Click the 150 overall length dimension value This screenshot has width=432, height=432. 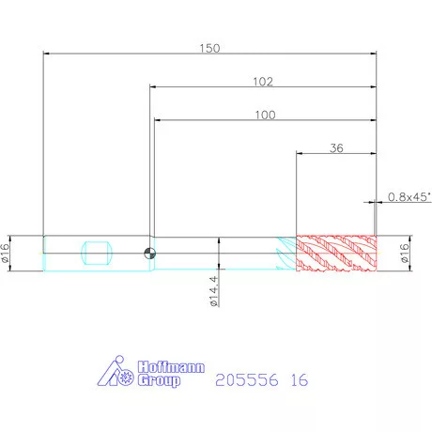(x=209, y=48)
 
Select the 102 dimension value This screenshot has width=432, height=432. (x=263, y=82)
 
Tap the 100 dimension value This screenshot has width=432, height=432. (x=265, y=115)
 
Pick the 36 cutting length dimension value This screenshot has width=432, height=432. (x=336, y=148)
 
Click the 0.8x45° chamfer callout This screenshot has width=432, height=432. (x=409, y=197)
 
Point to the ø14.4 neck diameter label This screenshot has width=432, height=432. (x=214, y=291)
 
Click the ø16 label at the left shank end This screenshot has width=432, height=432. (x=5, y=253)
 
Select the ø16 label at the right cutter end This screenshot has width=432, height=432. (x=405, y=253)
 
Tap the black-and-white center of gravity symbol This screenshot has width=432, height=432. (x=150, y=254)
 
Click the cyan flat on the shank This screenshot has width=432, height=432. (x=97, y=253)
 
